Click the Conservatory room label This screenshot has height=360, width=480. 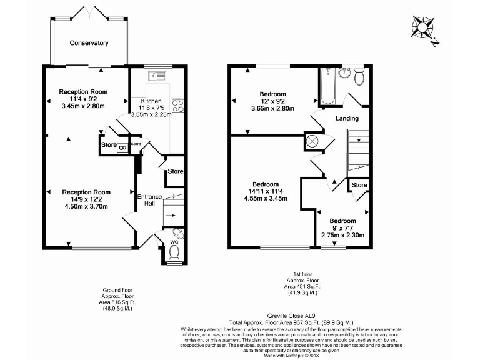tap(89, 43)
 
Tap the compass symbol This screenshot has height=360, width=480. tap(422, 29)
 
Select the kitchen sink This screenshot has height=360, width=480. tap(156, 76)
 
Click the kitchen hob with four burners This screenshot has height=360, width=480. tap(177, 104)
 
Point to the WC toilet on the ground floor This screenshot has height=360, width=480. tap(174, 253)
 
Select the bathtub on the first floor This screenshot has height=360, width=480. tap(327, 87)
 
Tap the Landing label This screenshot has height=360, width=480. tap(347, 118)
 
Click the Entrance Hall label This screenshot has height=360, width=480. tap(149, 200)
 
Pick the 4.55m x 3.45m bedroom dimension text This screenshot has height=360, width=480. tap(265, 199)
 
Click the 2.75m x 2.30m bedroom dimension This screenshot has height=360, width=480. tap(342, 236)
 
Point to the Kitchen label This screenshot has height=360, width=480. tap(151, 101)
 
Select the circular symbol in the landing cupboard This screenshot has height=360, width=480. tap(313, 141)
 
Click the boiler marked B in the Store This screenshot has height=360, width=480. tap(122, 147)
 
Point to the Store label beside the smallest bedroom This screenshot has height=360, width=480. tap(359, 185)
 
